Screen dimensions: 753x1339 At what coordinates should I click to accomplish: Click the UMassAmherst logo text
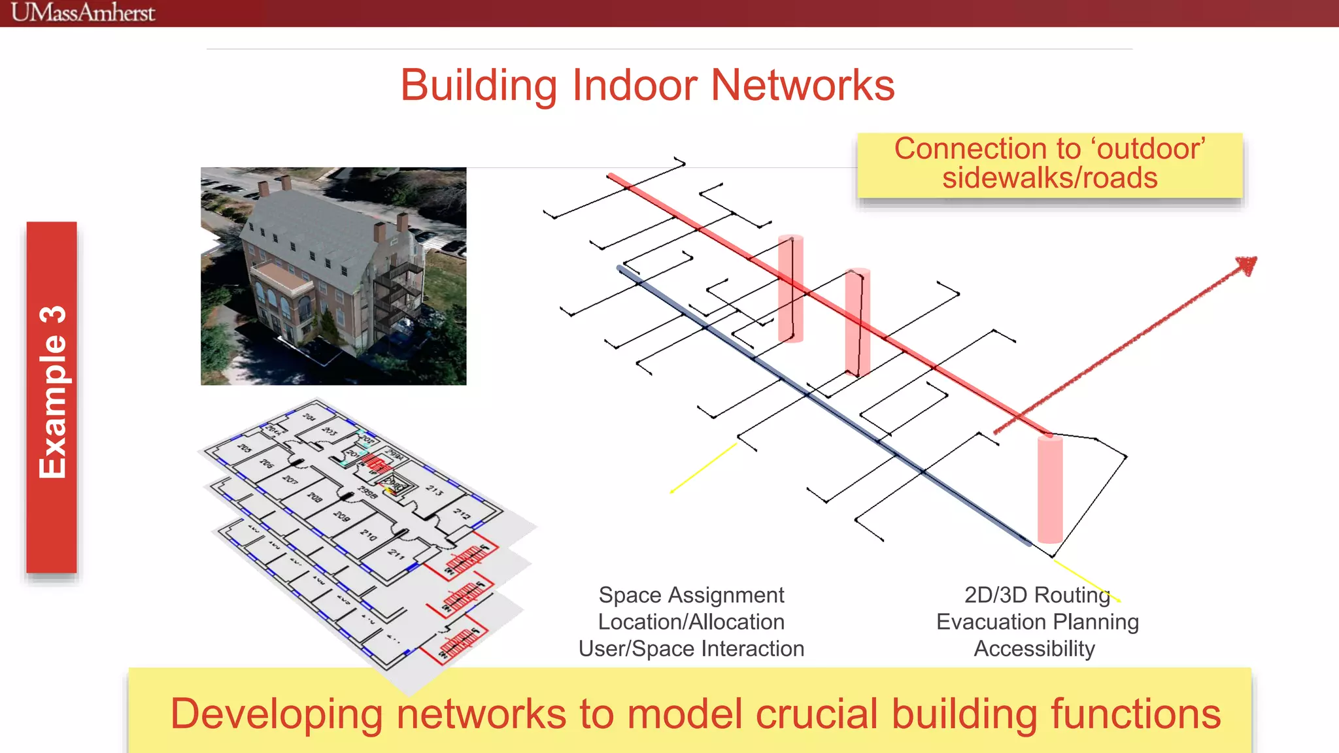83,12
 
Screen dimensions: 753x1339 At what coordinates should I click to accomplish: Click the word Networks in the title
802,86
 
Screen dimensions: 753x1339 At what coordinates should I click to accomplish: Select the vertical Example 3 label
52,393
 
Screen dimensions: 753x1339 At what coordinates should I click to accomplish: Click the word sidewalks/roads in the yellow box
1049,178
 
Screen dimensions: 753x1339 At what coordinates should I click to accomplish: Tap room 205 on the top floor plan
244,448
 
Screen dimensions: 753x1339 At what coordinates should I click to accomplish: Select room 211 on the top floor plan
396,554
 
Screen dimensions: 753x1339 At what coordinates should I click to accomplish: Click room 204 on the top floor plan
309,417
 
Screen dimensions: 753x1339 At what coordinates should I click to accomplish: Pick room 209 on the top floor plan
341,516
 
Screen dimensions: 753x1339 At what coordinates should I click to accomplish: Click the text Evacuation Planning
1037,622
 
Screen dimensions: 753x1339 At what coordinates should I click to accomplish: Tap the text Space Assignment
691,595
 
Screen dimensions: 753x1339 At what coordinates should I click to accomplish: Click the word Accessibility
1034,648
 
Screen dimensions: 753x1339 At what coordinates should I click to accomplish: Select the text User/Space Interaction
691,648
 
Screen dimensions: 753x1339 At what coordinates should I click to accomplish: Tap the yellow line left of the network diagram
703,468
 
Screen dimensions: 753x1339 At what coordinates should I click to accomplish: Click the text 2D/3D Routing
1037,595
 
